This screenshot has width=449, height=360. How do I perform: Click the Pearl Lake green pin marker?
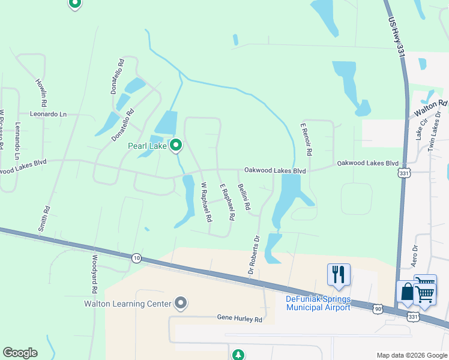pos(176,145)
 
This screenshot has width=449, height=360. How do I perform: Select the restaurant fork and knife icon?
pos(339,274)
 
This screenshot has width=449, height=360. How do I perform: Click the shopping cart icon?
pos(425,291)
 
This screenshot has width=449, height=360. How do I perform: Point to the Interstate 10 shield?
pos(137,257)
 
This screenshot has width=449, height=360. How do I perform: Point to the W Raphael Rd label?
pos(206,203)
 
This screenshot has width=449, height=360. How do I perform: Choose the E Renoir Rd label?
pos(306,140)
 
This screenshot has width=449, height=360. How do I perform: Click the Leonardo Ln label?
pos(49,113)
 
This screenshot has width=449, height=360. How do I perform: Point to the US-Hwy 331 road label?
pos(396,37)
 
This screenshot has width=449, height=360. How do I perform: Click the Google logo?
pos(20,353)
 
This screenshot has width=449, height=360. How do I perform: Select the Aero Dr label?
pos(414,255)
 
